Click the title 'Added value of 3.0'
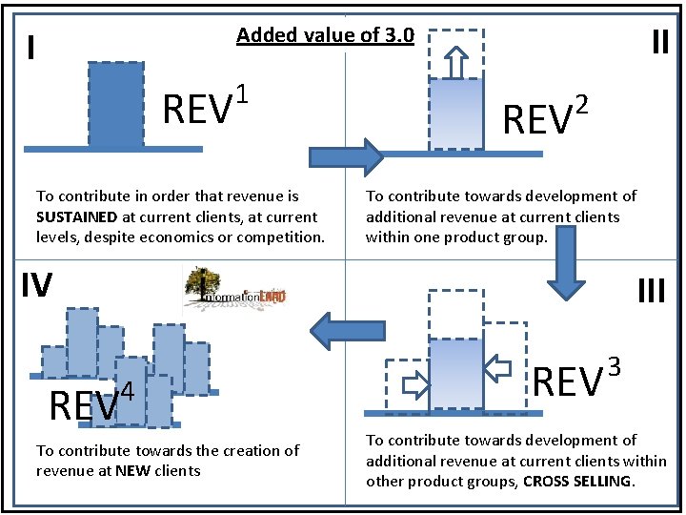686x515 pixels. (x=325, y=36)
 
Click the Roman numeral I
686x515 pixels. (x=32, y=47)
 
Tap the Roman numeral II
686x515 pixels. (x=659, y=43)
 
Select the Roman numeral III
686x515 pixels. (x=651, y=288)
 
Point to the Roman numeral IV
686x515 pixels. (x=35, y=283)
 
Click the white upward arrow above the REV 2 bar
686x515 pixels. (x=455, y=62)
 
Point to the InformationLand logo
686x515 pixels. (x=235, y=291)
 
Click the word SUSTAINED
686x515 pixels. (x=77, y=216)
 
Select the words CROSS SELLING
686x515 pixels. (x=577, y=482)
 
